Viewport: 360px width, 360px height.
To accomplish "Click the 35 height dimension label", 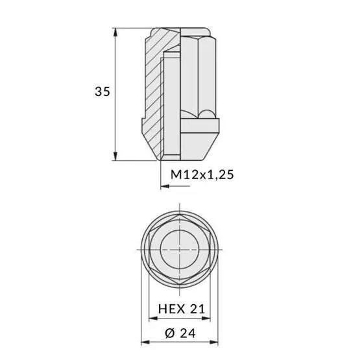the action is (x=102, y=91).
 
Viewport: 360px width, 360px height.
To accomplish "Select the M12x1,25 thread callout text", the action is (x=202, y=174).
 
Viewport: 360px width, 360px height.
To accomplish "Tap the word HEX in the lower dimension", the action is (x=171, y=309).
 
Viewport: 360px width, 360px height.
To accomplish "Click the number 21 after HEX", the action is (x=197, y=309).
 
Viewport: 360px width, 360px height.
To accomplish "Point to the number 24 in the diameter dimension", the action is (x=188, y=333).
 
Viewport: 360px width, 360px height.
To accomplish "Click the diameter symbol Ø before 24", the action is (x=170, y=333).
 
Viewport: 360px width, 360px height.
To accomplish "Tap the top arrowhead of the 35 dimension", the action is (x=115, y=32).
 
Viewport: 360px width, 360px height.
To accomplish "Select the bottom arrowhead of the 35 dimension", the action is (x=115, y=156).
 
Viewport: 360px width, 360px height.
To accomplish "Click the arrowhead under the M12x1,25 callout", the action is (x=165, y=186).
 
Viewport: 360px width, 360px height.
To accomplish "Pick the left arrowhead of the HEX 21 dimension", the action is (x=153, y=318).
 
